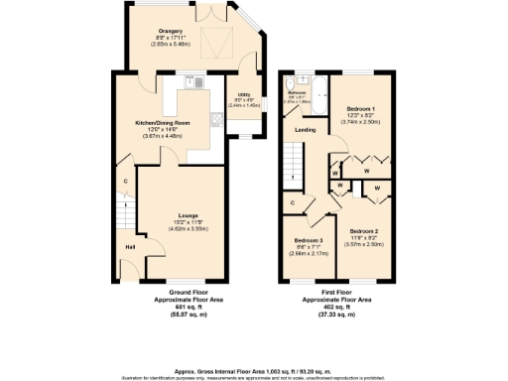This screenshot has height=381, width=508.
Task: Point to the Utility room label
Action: [x=244, y=95]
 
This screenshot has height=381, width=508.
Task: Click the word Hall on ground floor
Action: [x=130, y=246]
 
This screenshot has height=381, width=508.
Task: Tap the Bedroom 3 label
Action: [x=308, y=241]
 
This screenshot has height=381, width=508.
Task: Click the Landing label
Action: [x=306, y=130]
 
